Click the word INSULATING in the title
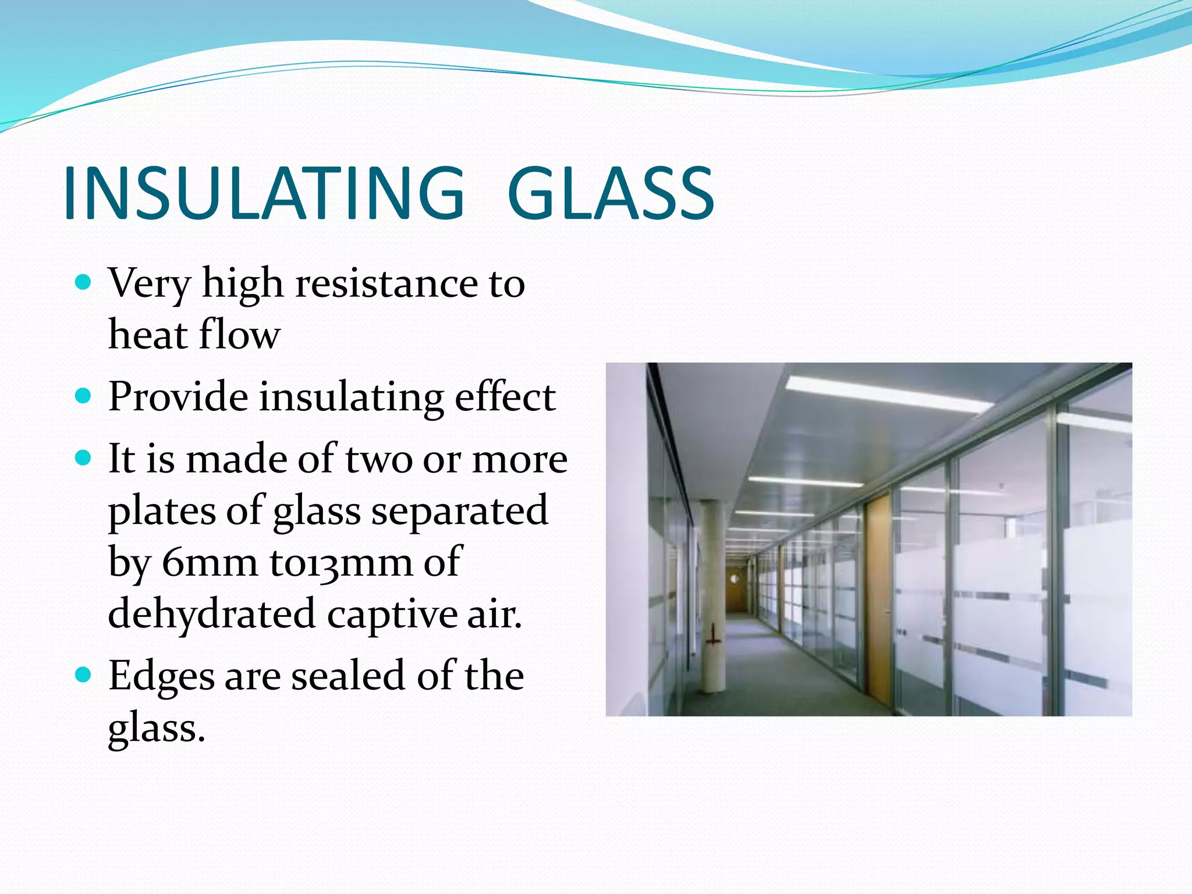click(264, 193)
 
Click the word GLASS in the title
click(611, 193)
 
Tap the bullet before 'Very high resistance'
click(84, 283)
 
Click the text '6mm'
click(210, 563)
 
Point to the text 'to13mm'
click(340, 563)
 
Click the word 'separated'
click(460, 511)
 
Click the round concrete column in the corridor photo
click(712, 599)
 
